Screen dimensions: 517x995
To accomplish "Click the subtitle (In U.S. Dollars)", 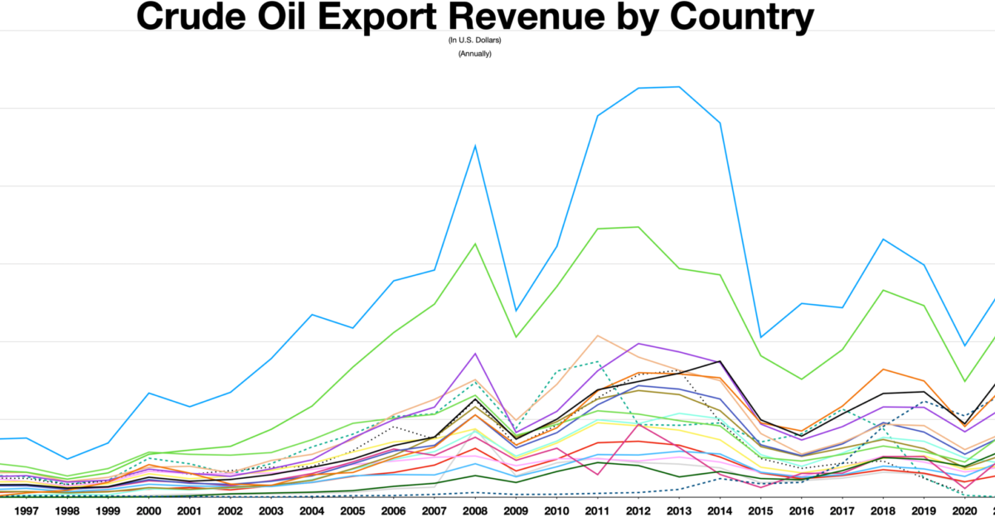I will (x=474, y=40).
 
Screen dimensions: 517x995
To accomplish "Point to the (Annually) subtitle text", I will (x=474, y=54).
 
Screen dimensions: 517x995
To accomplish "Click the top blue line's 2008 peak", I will (x=474, y=146).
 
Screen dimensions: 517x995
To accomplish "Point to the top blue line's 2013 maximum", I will (x=679, y=86).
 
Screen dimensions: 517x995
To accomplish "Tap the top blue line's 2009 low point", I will (x=516, y=311).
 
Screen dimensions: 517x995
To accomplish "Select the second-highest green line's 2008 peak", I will (x=474, y=244).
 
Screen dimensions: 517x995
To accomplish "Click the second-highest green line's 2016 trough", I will (x=801, y=379).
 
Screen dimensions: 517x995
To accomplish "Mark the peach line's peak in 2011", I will (x=597, y=336).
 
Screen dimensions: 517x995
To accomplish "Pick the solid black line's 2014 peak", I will (x=720, y=361).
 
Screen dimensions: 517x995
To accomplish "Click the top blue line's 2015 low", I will (x=760, y=337).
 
